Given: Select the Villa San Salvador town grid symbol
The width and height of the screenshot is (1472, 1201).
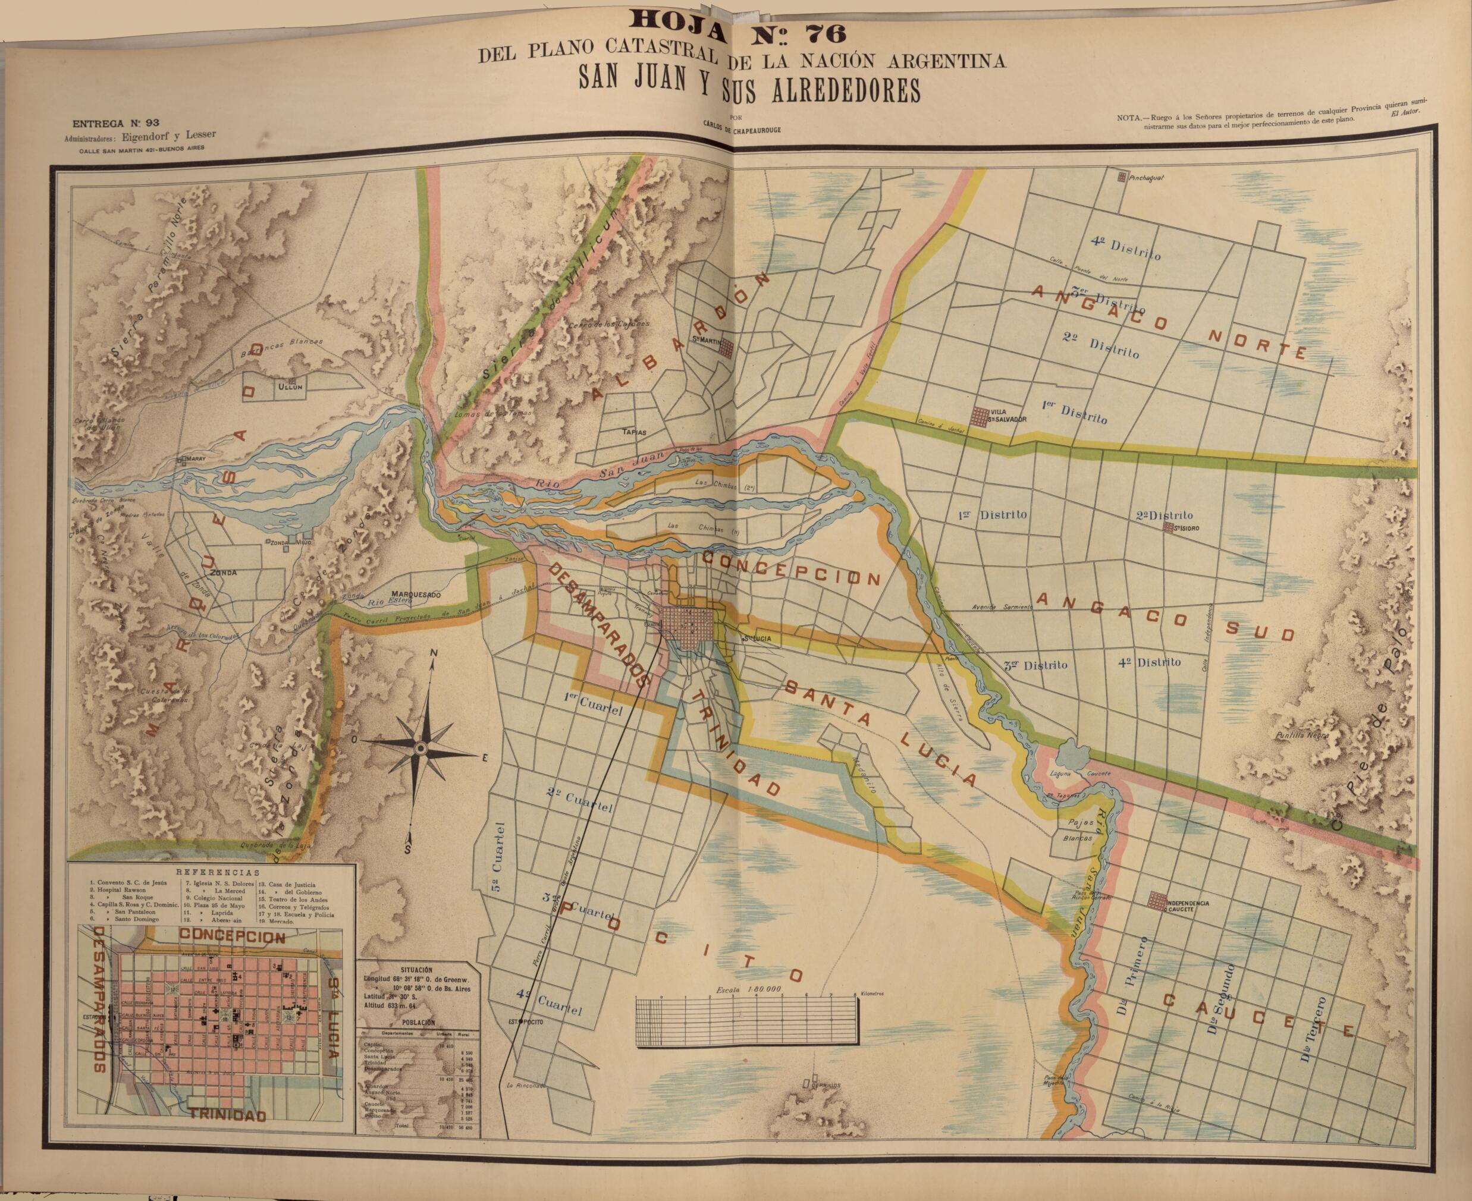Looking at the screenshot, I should [980, 417].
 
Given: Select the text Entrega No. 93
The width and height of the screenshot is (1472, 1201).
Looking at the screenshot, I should [115, 124].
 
